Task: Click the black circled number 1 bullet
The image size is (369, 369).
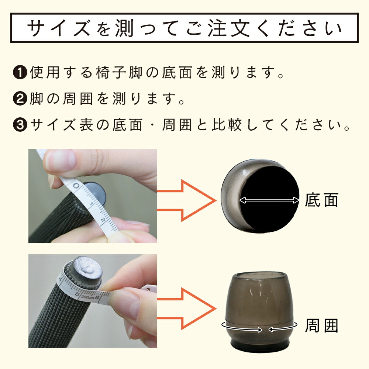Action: (x=20, y=72)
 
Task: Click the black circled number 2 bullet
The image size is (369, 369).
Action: (x=20, y=99)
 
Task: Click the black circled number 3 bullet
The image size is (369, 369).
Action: (x=20, y=125)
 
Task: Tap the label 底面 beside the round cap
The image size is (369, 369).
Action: (x=321, y=200)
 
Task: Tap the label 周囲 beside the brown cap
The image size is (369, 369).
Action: (x=321, y=326)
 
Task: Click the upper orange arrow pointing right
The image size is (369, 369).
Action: (x=186, y=200)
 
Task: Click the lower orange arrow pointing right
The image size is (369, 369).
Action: (x=186, y=308)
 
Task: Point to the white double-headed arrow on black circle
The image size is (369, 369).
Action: (x=269, y=200)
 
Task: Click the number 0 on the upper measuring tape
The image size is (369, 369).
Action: (x=76, y=186)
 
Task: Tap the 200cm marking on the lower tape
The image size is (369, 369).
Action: (x=87, y=297)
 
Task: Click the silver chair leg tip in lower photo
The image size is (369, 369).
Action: (x=87, y=268)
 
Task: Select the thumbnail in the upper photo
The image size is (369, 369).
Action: (x=61, y=160)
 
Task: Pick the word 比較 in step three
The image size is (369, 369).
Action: (x=227, y=125)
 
